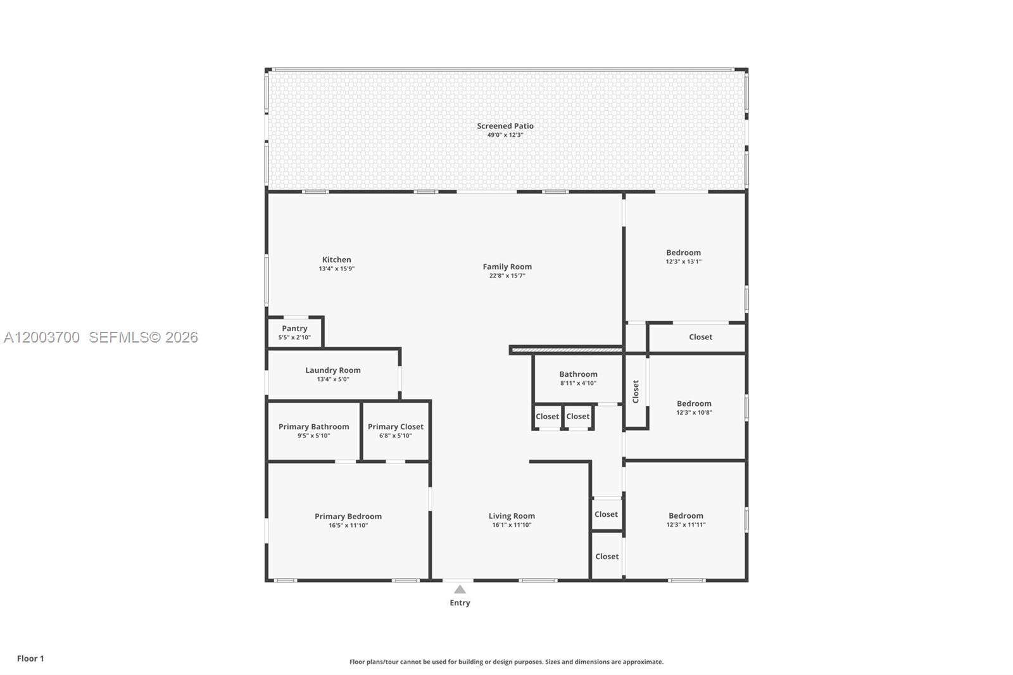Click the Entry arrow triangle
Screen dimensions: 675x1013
(x=460, y=590)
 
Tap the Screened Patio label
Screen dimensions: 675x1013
(x=505, y=126)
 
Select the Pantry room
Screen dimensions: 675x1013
(x=295, y=332)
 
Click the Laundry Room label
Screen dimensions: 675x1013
(x=333, y=370)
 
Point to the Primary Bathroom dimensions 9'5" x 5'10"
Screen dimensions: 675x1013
(x=314, y=436)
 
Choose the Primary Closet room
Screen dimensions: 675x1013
(x=396, y=431)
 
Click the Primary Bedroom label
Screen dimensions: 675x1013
(x=348, y=516)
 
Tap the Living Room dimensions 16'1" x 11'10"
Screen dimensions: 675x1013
(x=512, y=525)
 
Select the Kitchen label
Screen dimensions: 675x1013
(x=336, y=260)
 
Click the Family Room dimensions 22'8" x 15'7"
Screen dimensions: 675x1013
(x=507, y=275)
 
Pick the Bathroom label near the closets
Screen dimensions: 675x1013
(x=578, y=374)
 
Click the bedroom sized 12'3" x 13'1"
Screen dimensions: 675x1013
(x=684, y=256)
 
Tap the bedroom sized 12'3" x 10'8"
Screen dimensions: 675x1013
(x=694, y=407)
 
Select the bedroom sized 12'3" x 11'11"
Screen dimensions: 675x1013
(x=686, y=520)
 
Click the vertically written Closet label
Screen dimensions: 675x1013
(x=636, y=391)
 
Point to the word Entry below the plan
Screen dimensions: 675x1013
(x=460, y=603)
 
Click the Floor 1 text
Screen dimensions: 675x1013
(x=30, y=659)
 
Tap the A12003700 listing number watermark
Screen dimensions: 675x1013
(x=42, y=337)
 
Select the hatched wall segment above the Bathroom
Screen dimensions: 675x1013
(x=567, y=350)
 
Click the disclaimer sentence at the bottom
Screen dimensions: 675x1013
(x=507, y=662)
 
